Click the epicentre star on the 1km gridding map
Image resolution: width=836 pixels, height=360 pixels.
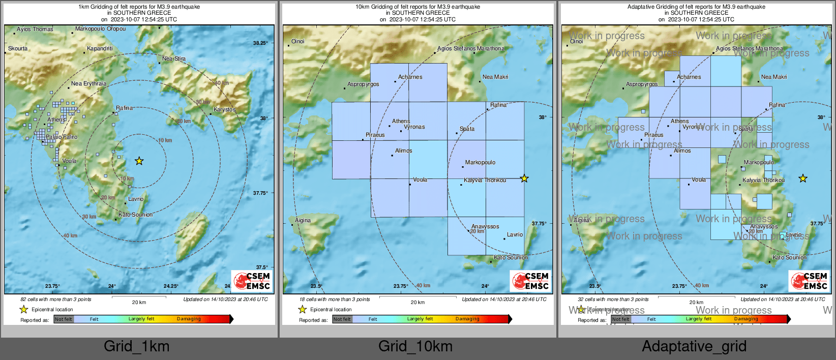pyautogui.click(x=139, y=161)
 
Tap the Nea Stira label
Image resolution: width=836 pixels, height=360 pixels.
pyautogui.click(x=174, y=59)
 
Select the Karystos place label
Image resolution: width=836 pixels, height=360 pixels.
pyautogui.click(x=224, y=110)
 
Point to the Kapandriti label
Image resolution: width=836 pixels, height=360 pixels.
pyautogui.click(x=100, y=49)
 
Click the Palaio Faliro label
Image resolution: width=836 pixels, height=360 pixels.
pyautogui.click(x=62, y=137)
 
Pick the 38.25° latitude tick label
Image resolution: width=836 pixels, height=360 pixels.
pyautogui.click(x=260, y=43)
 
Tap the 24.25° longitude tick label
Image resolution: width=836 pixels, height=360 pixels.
pyautogui.click(x=171, y=286)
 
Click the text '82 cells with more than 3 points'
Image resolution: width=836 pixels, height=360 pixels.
pyautogui.click(x=56, y=299)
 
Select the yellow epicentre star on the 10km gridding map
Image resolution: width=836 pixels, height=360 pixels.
pyautogui.click(x=524, y=178)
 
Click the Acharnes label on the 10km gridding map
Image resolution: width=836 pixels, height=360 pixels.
pyautogui.click(x=410, y=77)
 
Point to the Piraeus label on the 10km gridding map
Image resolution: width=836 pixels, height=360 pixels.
pyautogui.click(x=375, y=135)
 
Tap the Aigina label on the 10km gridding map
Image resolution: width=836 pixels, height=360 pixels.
pyautogui.click(x=303, y=221)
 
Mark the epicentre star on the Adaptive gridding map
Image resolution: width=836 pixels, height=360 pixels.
pyautogui.click(x=802, y=178)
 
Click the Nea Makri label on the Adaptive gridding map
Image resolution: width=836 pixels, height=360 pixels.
pyautogui.click(x=773, y=77)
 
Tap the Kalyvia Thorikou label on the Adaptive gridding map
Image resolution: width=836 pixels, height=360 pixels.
pyautogui.click(x=763, y=181)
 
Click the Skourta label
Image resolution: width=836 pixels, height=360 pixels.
pyautogui.click(x=18, y=49)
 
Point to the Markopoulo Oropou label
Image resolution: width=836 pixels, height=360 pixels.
pyautogui.click(x=100, y=29)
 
